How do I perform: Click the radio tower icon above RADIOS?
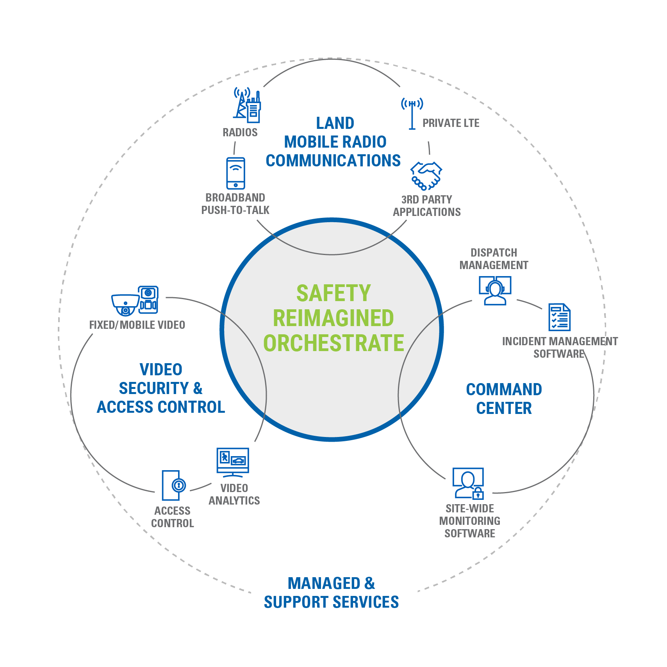tap(247, 104)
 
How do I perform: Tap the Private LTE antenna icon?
tap(412, 113)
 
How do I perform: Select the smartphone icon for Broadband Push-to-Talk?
tap(235, 173)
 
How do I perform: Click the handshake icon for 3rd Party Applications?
tap(426, 176)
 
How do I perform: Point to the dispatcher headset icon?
tap(495, 291)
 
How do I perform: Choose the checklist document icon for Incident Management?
tap(559, 317)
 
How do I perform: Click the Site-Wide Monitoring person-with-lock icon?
tap(468, 483)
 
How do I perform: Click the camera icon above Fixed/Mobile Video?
tap(135, 300)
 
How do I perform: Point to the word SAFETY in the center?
tap(333, 293)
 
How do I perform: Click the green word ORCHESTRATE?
tap(333, 343)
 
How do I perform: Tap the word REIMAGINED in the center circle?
tap(333, 318)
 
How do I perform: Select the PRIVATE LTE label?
tap(451, 123)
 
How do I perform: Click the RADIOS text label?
tap(240, 132)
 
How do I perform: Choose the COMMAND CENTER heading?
tap(504, 399)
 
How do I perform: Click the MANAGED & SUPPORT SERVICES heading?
tap(331, 593)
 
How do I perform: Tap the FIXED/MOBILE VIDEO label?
tap(137, 325)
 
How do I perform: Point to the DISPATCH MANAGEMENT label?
tap(494, 259)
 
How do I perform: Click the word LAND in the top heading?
tap(335, 123)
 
